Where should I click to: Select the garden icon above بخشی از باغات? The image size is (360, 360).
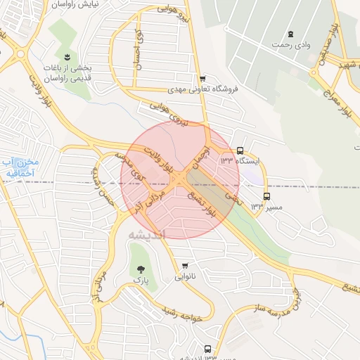pyautogui.click(x=67, y=57)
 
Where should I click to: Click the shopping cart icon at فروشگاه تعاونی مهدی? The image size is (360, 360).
pyautogui.click(x=202, y=79)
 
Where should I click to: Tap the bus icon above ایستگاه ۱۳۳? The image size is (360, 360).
pyautogui.click(x=240, y=150)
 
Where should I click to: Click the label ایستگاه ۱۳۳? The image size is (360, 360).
pyautogui.click(x=239, y=161)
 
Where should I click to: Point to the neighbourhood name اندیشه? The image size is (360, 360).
pyautogui.click(x=148, y=235)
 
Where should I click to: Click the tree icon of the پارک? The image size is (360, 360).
pyautogui.click(x=141, y=269)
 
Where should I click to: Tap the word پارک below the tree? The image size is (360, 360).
pyautogui.click(x=141, y=280)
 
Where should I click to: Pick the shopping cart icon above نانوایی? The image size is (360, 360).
pyautogui.click(x=184, y=266)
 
